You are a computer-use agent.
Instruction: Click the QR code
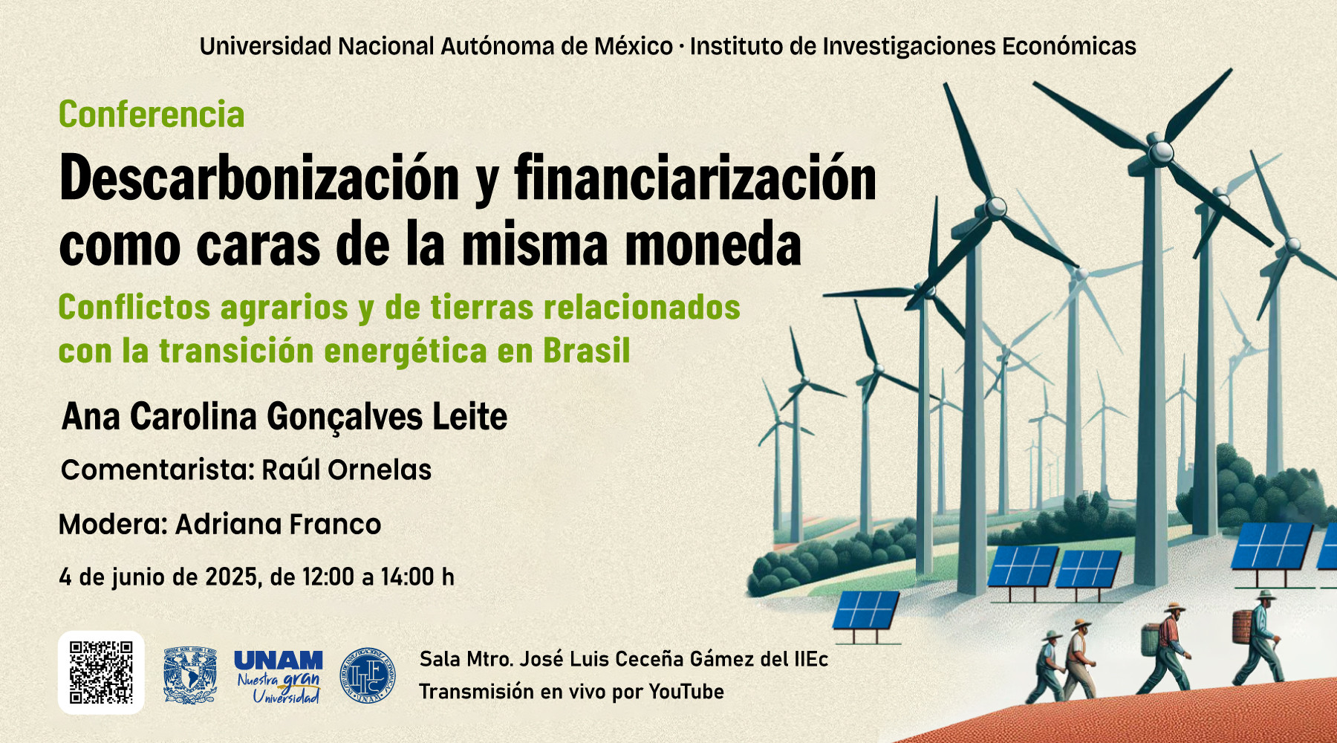pyautogui.click(x=101, y=672)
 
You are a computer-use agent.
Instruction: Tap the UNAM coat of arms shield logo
pyautogui.click(x=190, y=675)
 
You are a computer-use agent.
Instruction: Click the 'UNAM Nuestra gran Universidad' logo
pyautogui.click(x=279, y=676)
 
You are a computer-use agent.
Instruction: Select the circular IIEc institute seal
pyautogui.click(x=368, y=675)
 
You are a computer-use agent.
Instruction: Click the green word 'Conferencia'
pyautogui.click(x=152, y=114)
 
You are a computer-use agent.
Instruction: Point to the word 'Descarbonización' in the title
pyautogui.click(x=259, y=178)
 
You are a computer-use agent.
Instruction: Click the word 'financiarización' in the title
pyautogui.click(x=695, y=178)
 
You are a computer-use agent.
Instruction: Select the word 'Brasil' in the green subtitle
pyautogui.click(x=587, y=351)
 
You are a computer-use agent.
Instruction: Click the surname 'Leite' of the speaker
pyautogui.click(x=470, y=416)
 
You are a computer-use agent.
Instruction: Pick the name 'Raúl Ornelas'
pyautogui.click(x=347, y=470)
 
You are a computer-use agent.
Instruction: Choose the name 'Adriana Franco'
pyautogui.click(x=279, y=525)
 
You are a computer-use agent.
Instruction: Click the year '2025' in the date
pyautogui.click(x=232, y=577)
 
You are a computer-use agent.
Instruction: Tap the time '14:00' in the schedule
pyautogui.click(x=407, y=577)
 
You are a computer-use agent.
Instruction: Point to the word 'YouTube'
pyautogui.click(x=686, y=692)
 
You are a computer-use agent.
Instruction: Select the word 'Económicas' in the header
pyautogui.click(x=1069, y=46)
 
